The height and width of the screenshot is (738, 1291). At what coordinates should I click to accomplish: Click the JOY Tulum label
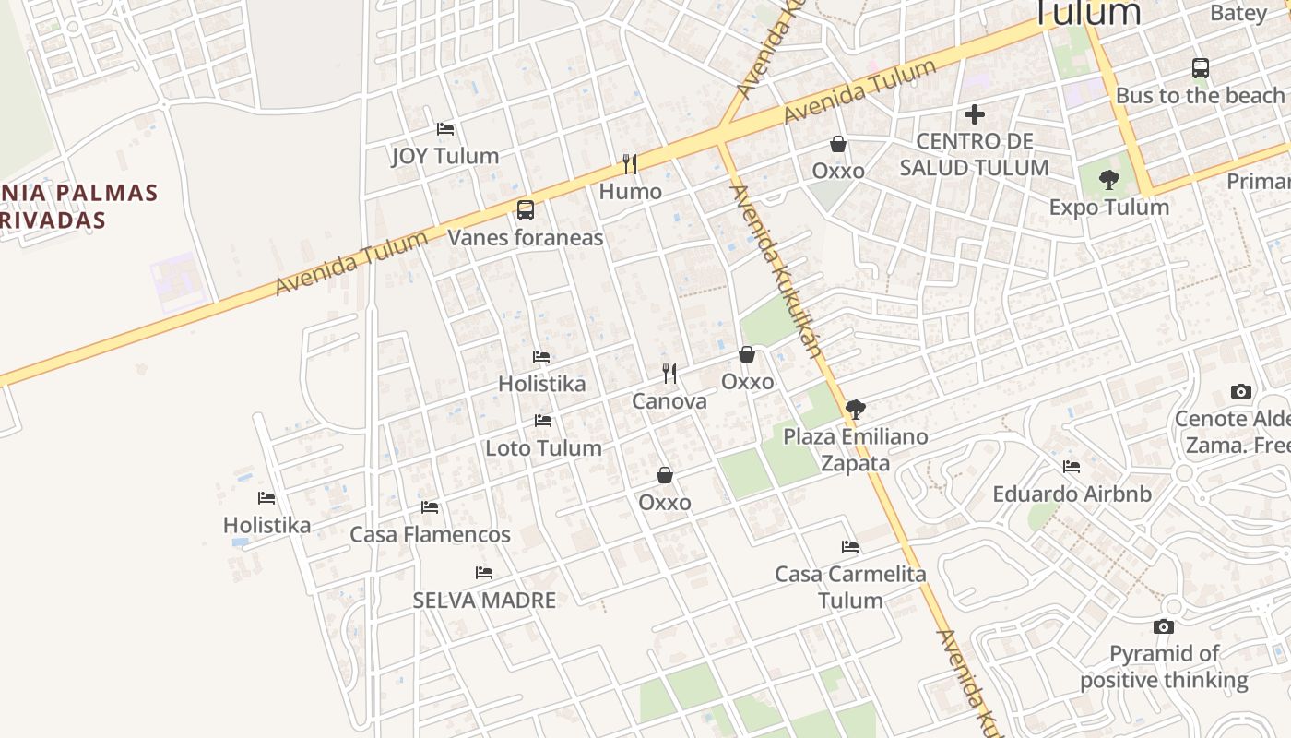[x=445, y=156]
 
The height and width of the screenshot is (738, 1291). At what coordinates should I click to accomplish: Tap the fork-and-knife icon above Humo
[x=630, y=164]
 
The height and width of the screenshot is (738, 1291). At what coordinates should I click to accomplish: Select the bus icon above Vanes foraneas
[x=526, y=209]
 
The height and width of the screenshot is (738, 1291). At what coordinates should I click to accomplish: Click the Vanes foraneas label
[x=526, y=237]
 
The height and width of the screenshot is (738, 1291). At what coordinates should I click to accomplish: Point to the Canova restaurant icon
[x=669, y=374]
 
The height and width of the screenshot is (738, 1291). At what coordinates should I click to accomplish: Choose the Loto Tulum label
[x=543, y=448]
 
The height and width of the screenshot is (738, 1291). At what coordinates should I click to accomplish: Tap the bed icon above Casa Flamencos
[x=430, y=507]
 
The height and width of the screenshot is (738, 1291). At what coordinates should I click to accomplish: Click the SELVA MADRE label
[x=484, y=601]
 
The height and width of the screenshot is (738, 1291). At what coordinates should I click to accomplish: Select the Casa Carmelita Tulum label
[x=850, y=587]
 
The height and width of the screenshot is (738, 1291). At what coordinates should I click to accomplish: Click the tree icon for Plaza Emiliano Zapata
[x=856, y=409]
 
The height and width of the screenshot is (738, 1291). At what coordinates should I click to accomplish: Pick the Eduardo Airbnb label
[x=1072, y=494]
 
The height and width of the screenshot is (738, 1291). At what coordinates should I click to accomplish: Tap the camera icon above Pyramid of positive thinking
[x=1164, y=627]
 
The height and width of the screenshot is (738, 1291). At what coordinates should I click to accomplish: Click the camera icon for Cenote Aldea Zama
[x=1241, y=392]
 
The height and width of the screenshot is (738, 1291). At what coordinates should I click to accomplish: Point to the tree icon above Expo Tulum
[x=1109, y=180]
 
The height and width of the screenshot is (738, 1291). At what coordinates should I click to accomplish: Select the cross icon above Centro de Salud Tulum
[x=975, y=114]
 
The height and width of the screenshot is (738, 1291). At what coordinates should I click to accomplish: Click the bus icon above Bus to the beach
[x=1200, y=68]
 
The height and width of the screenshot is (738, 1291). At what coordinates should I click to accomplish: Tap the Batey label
[x=1238, y=13]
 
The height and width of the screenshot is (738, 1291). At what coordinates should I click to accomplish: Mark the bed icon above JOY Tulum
[x=445, y=129]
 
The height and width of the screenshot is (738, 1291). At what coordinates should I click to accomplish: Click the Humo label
[x=631, y=192]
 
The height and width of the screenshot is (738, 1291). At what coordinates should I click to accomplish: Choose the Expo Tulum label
[x=1109, y=208]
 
